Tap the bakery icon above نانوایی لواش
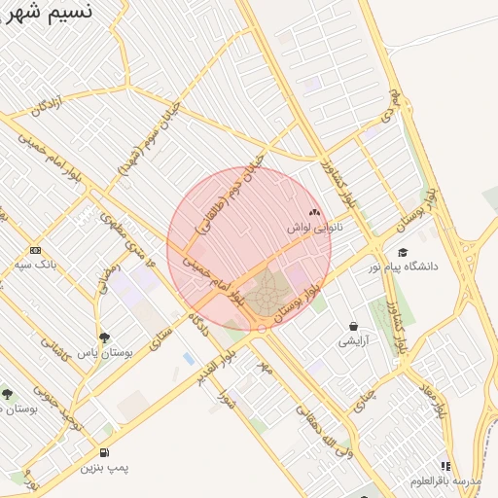[313, 212]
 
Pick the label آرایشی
[352, 341]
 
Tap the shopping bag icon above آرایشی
[352, 326]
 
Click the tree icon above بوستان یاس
[104, 337]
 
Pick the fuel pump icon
[104, 453]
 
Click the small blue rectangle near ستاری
[188, 359]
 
